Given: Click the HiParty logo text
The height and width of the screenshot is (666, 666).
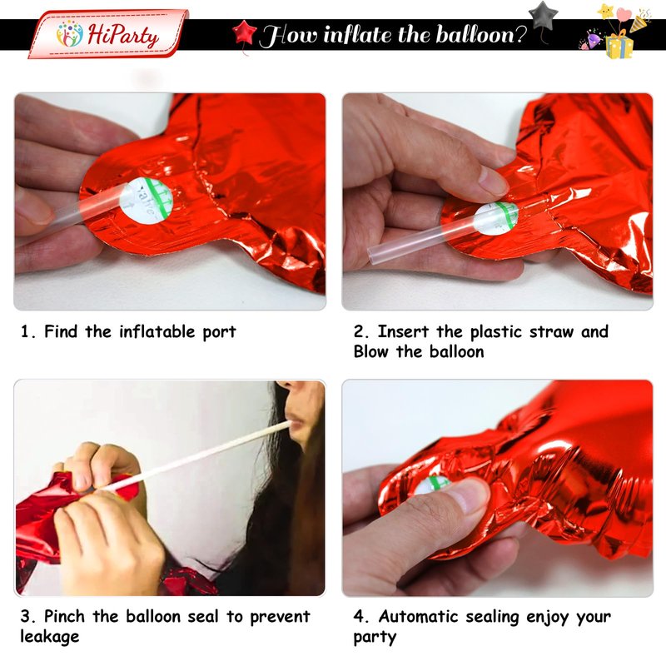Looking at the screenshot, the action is (x=123, y=35).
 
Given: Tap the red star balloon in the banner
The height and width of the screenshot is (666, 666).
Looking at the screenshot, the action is (x=244, y=32).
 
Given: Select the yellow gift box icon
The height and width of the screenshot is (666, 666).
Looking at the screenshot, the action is (x=619, y=46).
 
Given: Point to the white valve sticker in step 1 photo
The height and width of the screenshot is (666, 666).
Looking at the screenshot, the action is (x=146, y=201).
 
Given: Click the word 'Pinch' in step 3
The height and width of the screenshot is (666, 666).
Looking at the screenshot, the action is (x=64, y=616).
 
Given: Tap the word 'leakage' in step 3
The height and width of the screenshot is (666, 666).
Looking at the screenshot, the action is (x=50, y=637).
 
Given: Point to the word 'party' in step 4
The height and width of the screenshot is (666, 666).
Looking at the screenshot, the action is (x=375, y=638).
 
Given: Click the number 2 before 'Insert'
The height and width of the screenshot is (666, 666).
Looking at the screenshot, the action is (x=359, y=331).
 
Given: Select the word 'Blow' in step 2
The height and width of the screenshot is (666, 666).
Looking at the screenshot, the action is (x=370, y=351).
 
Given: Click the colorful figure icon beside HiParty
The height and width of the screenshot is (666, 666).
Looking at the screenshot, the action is (x=70, y=33).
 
